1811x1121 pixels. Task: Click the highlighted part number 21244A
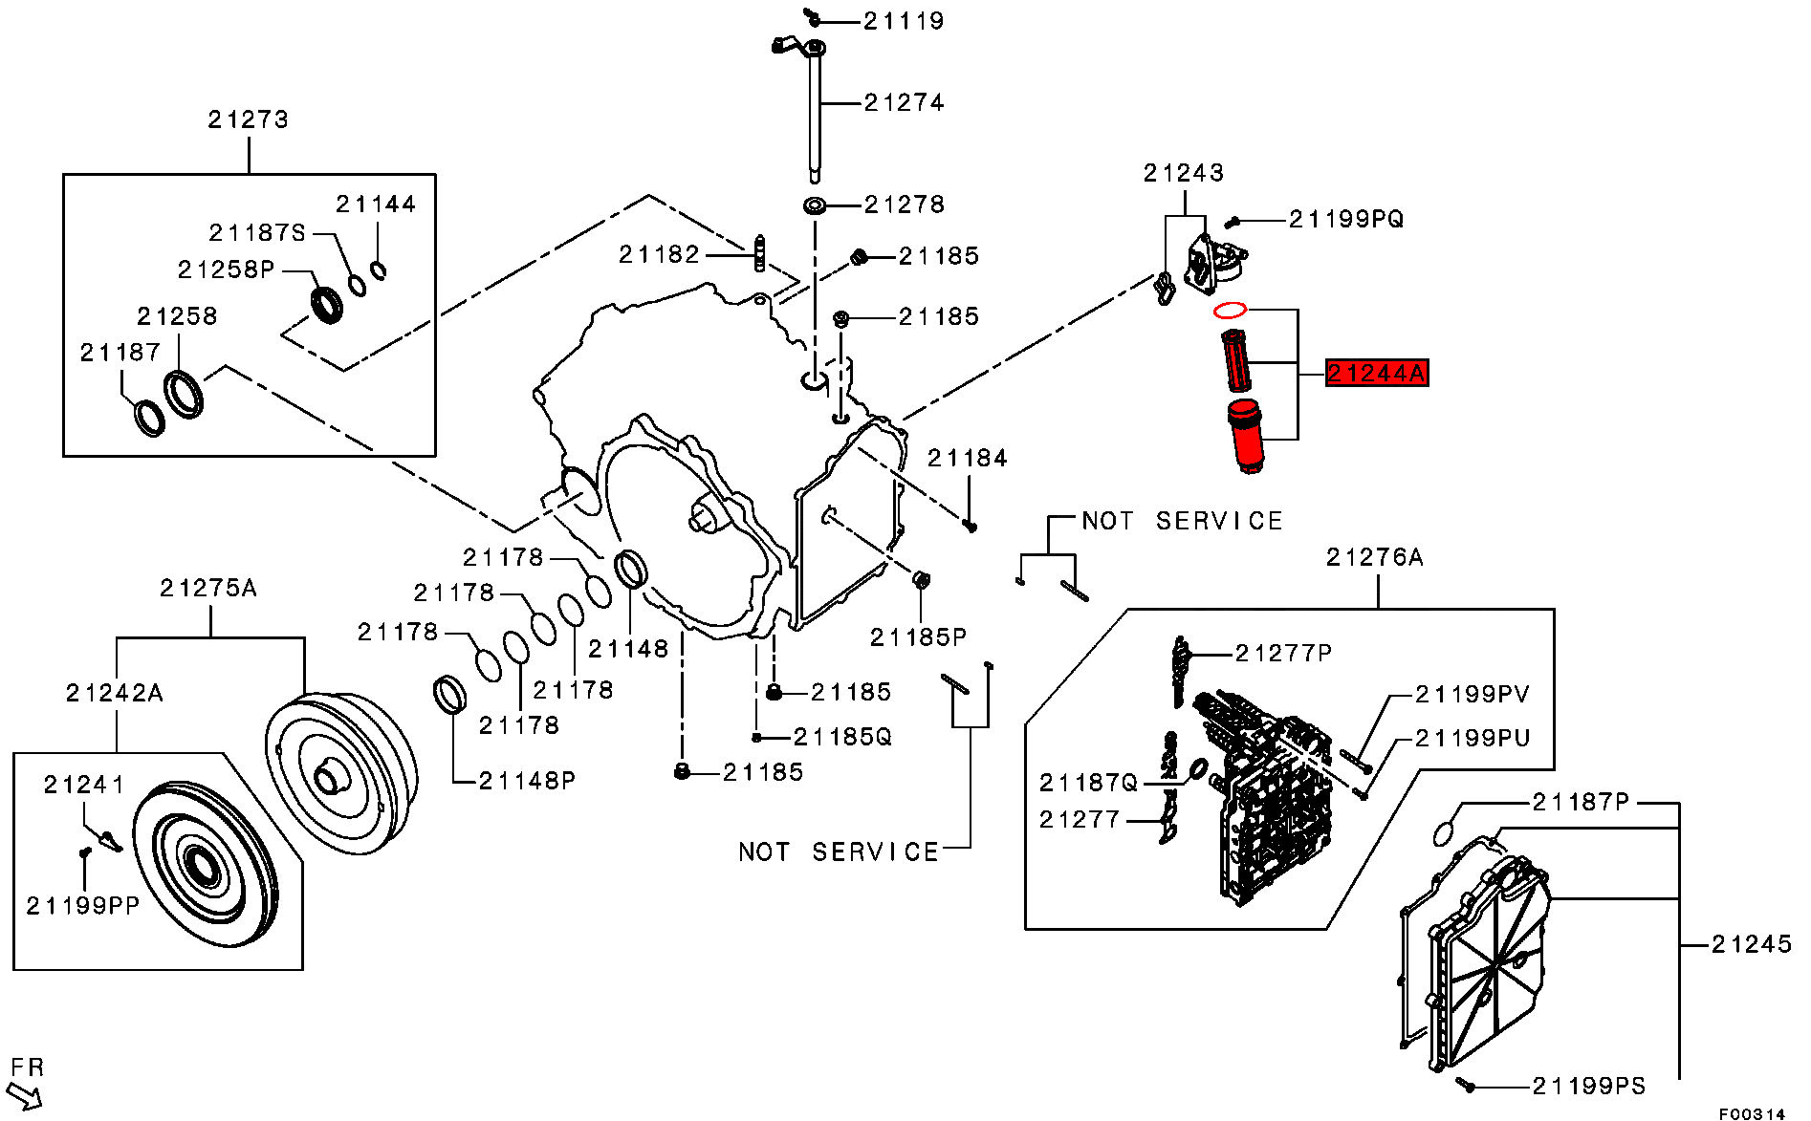point(1376,373)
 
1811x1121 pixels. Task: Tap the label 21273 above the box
point(249,119)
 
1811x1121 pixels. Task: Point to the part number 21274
point(904,102)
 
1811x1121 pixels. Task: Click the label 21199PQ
point(1346,219)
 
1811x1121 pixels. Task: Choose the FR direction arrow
point(24,1095)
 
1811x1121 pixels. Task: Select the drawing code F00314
point(1752,1113)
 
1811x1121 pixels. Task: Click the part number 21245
point(1752,944)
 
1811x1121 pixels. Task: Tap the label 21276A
point(1375,557)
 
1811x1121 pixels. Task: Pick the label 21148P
point(528,781)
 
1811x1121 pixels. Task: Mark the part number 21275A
point(208,588)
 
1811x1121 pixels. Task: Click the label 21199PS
point(1589,1086)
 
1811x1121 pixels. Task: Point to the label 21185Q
point(842,736)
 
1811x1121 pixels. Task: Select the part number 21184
point(968,459)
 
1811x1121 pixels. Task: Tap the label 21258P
point(227,269)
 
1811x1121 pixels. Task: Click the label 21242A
point(115,693)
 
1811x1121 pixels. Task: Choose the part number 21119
point(904,21)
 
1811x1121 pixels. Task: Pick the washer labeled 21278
point(815,205)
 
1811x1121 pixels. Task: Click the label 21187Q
point(1089,784)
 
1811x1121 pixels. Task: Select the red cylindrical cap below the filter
point(1245,437)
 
